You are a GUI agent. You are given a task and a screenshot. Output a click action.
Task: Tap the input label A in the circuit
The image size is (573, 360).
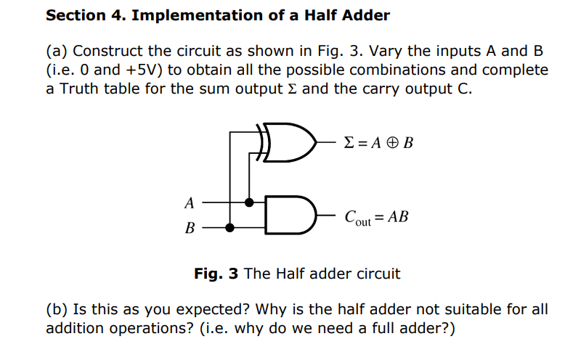coord(190,202)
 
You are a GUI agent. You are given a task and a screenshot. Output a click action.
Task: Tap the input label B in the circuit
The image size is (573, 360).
coord(190,229)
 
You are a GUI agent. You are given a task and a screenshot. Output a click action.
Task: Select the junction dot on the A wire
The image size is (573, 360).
coord(249,202)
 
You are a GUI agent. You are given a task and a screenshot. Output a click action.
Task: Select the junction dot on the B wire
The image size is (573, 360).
coord(230,227)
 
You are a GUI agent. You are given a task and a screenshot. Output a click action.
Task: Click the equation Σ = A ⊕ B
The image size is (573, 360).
coord(377,142)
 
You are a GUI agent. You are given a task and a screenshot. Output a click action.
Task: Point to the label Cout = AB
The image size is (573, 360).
coord(377,216)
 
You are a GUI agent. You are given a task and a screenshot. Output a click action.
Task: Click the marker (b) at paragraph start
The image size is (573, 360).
coord(57,310)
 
